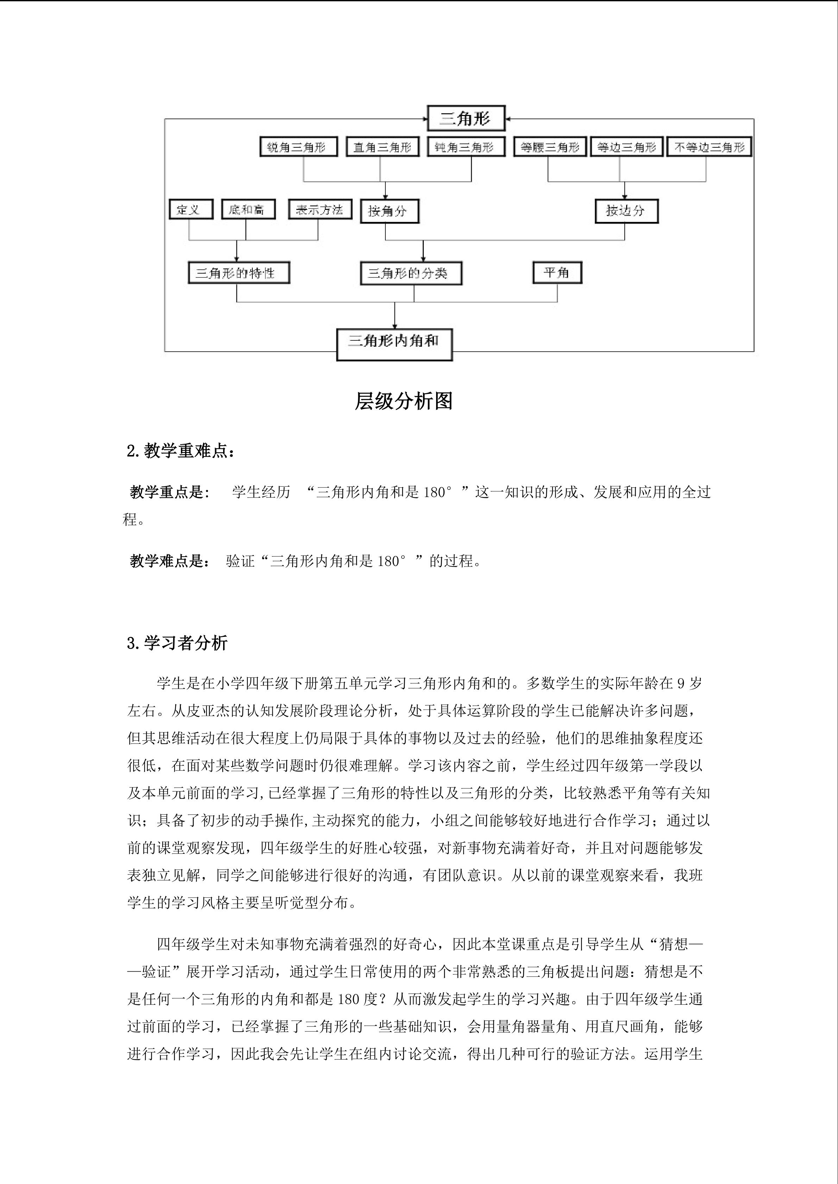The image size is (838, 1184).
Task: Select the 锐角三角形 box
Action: click(x=298, y=147)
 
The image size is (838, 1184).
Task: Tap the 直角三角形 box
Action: click(x=382, y=147)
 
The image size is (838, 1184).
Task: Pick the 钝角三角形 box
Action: click(x=465, y=147)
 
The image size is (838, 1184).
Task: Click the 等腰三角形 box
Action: click(x=550, y=147)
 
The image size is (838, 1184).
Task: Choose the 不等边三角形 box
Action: click(x=709, y=147)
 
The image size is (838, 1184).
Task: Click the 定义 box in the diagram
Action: click(x=190, y=209)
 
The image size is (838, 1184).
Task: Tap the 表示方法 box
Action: click(x=320, y=209)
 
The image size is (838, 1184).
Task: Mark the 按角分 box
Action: click(x=389, y=211)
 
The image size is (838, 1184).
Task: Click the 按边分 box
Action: click(x=626, y=211)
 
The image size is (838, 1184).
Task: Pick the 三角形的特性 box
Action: click(x=238, y=273)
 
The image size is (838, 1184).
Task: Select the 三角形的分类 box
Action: click(x=410, y=273)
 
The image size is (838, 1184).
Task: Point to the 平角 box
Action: click(x=557, y=272)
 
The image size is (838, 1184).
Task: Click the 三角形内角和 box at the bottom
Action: click(x=394, y=344)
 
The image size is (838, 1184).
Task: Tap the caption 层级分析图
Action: click(x=404, y=401)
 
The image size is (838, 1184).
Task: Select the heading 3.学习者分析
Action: click(x=177, y=643)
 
